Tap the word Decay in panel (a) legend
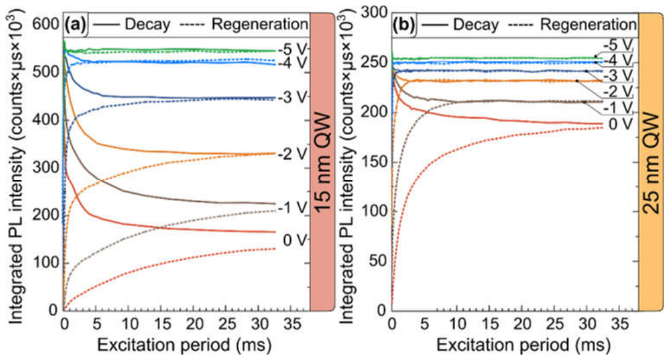[x=147, y=25]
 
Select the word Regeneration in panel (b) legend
[x=588, y=25]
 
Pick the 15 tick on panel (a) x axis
[x=162, y=324]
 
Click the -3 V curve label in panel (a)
[x=293, y=98]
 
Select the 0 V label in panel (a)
[x=295, y=240]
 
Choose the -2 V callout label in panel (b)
[x=617, y=92]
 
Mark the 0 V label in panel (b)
[x=620, y=125]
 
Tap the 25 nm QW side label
[x=652, y=163]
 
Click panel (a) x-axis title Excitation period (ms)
[x=184, y=344]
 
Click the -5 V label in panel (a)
[x=293, y=49]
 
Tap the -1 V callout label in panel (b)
[x=617, y=108]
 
